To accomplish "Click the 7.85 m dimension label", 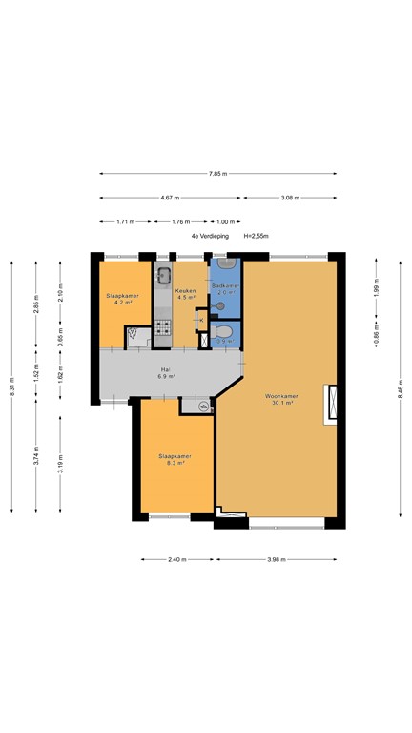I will (x=217, y=174).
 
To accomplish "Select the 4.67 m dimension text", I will (x=171, y=198).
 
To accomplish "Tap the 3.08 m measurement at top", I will (x=289, y=198).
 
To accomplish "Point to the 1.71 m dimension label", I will (x=124, y=221).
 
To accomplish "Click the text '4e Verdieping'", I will (x=209, y=236).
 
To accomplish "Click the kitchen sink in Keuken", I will (x=164, y=277).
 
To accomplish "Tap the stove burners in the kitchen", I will (x=163, y=329).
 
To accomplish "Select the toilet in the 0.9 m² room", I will (x=227, y=333).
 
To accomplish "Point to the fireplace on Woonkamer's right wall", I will (x=331, y=404).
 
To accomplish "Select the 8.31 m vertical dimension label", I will (x=12, y=388).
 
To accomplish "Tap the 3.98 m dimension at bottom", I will (x=278, y=559).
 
